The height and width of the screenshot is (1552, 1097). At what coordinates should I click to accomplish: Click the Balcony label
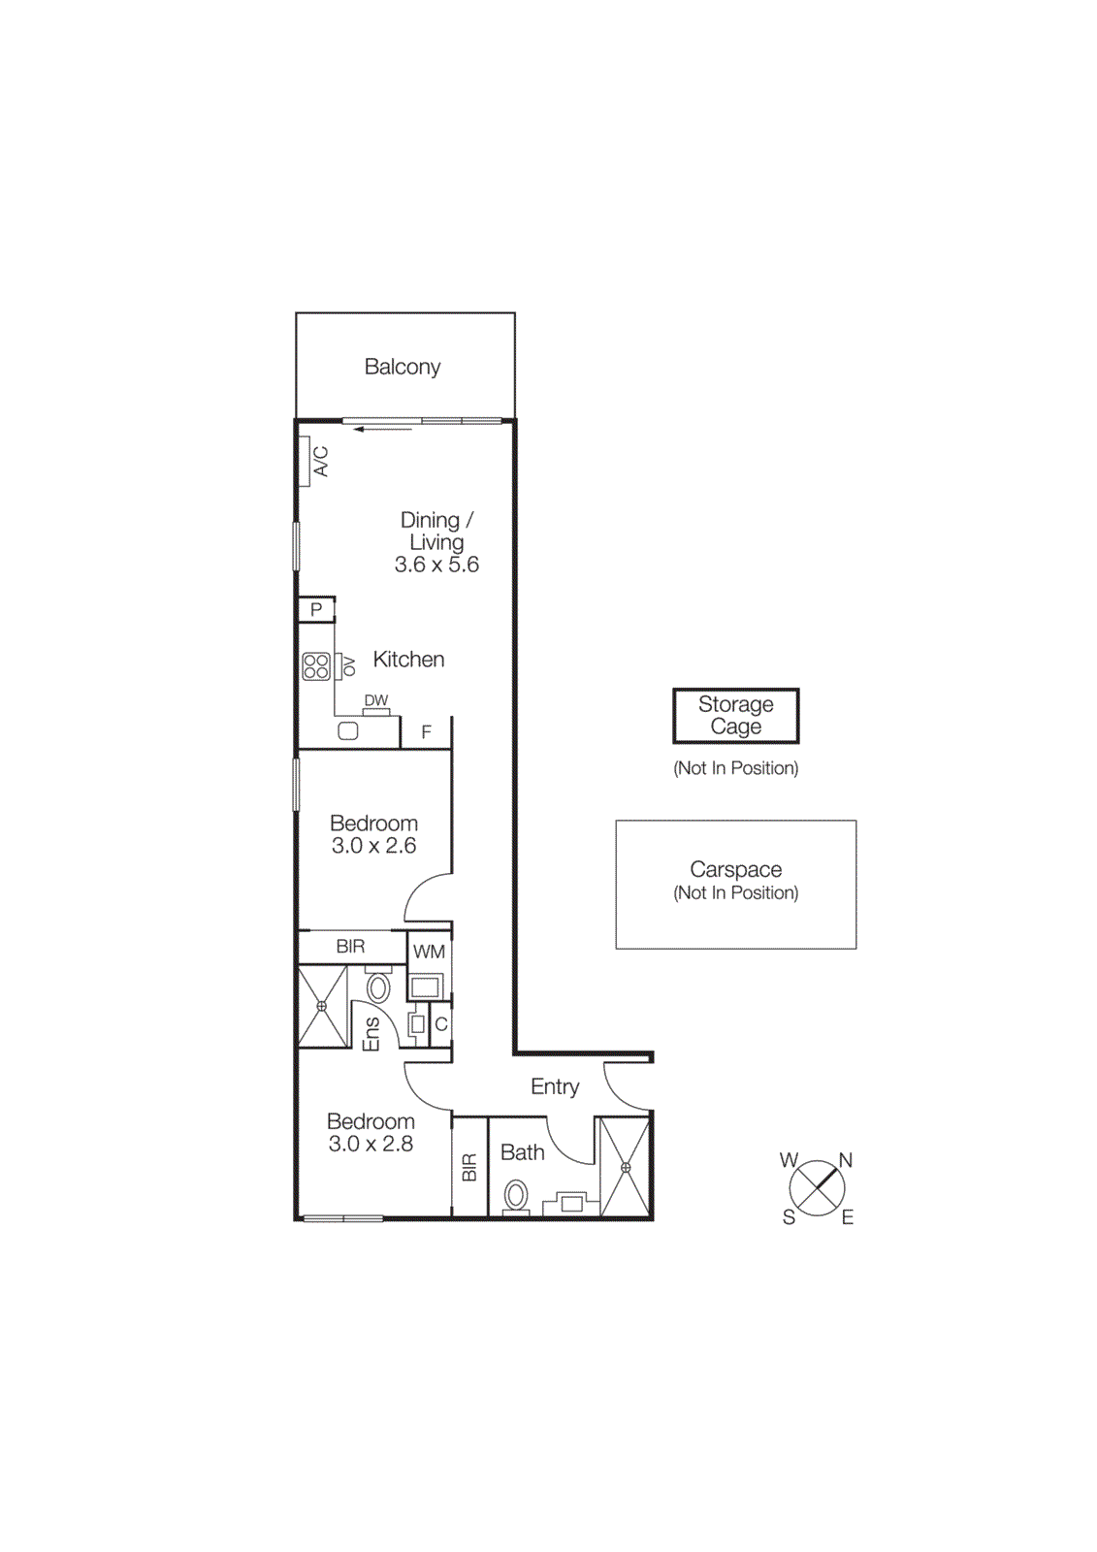tap(402, 367)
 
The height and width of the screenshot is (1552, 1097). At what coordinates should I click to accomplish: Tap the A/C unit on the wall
tap(307, 461)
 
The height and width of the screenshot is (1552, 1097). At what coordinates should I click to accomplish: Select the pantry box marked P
tap(316, 609)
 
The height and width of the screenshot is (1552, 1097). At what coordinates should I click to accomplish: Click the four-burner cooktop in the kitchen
tap(316, 666)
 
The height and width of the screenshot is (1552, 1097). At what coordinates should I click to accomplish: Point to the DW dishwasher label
tap(376, 700)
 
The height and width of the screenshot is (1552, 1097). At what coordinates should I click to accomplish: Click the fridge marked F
tap(426, 732)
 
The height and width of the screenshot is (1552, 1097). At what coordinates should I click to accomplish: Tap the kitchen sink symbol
tap(348, 731)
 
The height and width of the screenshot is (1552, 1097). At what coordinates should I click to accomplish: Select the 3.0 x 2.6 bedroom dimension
tap(373, 846)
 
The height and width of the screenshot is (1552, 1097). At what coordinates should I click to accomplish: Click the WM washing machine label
tap(429, 952)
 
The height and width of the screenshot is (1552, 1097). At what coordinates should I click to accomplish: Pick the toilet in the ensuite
tap(377, 987)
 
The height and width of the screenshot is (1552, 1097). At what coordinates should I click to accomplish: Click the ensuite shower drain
tap(322, 1006)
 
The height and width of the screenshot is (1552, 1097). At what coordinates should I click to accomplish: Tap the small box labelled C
tap(440, 1024)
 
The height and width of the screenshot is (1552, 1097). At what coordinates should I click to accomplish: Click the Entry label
tap(555, 1086)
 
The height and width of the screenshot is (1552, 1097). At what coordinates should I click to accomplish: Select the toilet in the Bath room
tap(517, 1194)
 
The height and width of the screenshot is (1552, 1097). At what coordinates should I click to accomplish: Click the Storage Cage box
tap(735, 716)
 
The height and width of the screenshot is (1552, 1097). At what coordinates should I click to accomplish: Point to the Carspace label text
tap(735, 869)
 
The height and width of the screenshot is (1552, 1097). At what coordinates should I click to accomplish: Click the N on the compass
tap(845, 1160)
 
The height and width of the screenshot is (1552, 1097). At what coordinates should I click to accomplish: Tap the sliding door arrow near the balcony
tap(383, 429)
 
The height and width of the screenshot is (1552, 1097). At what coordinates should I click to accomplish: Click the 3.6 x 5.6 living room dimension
tap(436, 565)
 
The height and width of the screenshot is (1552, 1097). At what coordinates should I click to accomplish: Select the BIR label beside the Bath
tap(469, 1167)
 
